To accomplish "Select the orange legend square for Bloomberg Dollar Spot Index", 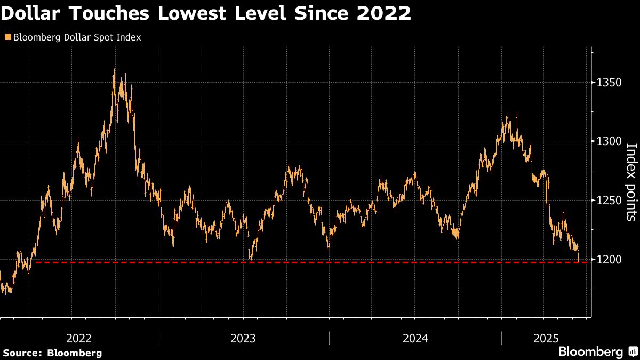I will click(7, 38).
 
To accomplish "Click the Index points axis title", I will click(630, 182).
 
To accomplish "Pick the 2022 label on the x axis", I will click(79, 338).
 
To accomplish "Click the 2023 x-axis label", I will click(243, 338).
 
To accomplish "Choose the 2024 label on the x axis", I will click(415, 338).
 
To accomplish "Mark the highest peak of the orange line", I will click(114, 70).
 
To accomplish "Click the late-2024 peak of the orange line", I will click(517, 113).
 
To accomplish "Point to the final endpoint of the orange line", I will click(579, 261).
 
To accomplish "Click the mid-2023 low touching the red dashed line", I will click(251, 261).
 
